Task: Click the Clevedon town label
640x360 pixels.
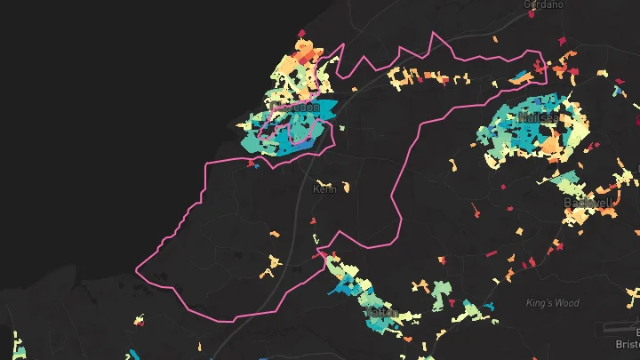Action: click(295, 108)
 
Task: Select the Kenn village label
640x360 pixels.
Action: click(324, 189)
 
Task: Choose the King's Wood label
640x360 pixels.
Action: click(552, 303)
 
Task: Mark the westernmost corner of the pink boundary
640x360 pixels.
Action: click(136, 268)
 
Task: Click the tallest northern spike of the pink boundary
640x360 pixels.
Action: click(434, 33)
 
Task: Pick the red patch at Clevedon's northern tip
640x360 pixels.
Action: click(300, 35)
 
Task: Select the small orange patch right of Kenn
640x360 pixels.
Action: click(345, 188)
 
